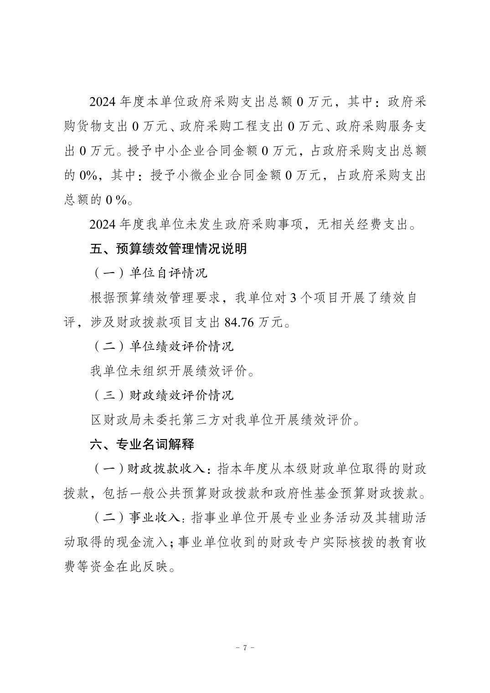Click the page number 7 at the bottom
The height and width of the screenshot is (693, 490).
[x=245, y=647]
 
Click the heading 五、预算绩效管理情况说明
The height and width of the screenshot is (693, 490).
[x=169, y=249]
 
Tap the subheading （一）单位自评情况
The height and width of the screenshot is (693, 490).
[x=150, y=273]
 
